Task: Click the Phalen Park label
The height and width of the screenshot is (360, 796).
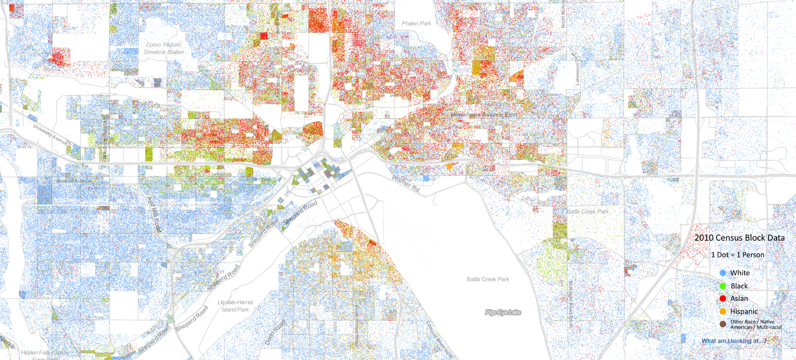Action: [416, 23]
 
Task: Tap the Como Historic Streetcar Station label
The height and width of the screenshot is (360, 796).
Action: [164, 48]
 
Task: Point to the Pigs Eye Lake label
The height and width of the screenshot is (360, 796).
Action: [503, 313]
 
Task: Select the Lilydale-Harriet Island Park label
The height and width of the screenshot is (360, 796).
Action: [235, 306]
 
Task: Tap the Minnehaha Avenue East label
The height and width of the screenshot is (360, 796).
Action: [484, 115]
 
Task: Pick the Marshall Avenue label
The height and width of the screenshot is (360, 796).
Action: [74, 181]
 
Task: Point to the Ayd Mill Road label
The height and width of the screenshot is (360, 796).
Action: [154, 214]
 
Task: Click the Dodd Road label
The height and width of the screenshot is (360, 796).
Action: [275, 333]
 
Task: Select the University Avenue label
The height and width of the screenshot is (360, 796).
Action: [50, 134]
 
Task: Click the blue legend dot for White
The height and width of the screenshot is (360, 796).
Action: [723, 273]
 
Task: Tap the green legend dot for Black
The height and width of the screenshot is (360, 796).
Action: [723, 286]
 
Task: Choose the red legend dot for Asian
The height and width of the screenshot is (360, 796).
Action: [723, 298]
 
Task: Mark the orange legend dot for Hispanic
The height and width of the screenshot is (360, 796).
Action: [723, 311]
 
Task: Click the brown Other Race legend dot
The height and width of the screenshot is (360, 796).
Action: [723, 324]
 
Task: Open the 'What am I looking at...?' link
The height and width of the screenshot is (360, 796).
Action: [734, 341]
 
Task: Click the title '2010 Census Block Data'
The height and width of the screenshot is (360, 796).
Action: [739, 238]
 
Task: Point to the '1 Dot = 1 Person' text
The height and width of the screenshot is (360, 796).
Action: [737, 255]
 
